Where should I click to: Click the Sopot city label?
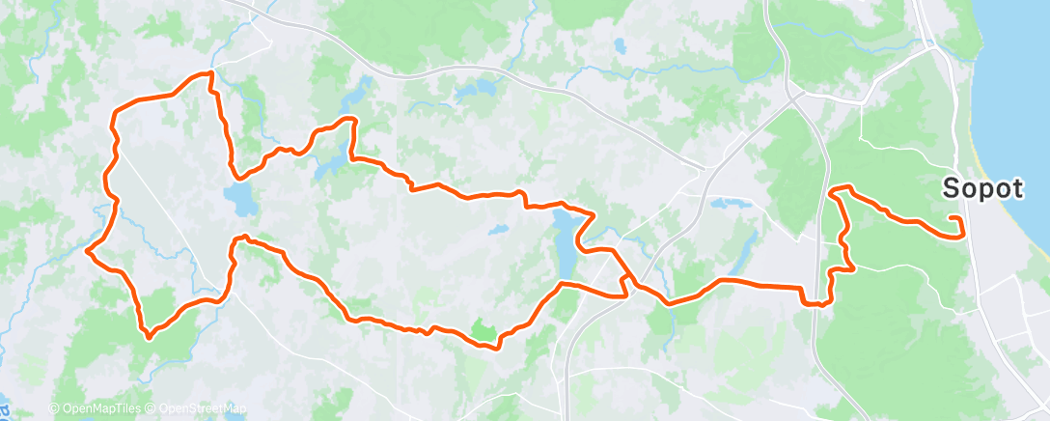[981, 189]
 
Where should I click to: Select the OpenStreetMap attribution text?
[202, 408]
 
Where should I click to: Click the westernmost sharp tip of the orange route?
[88, 250]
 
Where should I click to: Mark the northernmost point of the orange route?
[207, 73]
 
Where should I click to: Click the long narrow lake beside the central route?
[565, 241]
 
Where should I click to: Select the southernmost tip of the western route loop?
[148, 337]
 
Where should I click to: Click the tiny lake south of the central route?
[497, 231]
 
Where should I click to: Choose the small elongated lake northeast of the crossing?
[729, 204]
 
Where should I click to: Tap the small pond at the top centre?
[619, 45]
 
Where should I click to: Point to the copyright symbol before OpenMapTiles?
[54, 408]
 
